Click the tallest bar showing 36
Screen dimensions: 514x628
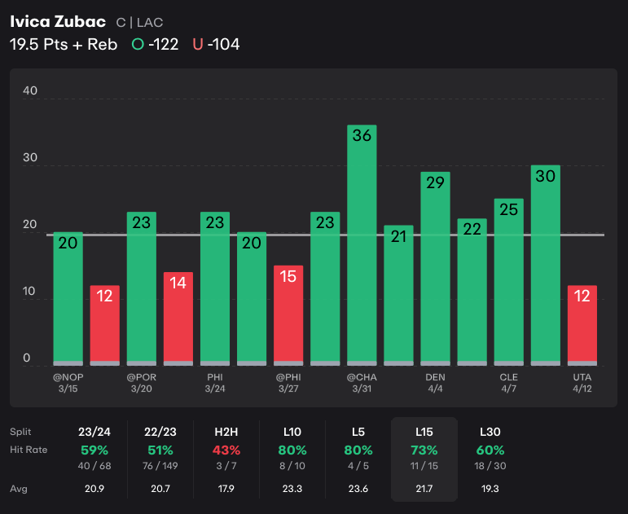click(362, 244)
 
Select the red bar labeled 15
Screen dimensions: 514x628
click(288, 314)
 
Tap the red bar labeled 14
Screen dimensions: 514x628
click(178, 318)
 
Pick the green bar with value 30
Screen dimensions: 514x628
click(545, 264)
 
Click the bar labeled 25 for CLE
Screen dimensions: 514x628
click(508, 281)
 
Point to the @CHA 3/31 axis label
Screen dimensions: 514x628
click(362, 383)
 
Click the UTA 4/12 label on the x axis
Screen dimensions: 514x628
click(582, 383)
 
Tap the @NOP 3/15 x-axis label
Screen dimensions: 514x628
click(68, 383)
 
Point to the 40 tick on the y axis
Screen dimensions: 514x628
click(30, 91)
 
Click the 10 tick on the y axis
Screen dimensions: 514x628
click(30, 291)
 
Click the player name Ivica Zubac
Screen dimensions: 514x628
click(58, 21)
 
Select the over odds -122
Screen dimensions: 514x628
click(163, 44)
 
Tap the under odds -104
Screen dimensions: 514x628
click(223, 44)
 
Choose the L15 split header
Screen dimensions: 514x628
click(424, 431)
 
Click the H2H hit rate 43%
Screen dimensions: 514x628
click(226, 450)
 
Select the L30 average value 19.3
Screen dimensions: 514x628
click(490, 489)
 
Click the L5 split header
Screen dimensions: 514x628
click(358, 431)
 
